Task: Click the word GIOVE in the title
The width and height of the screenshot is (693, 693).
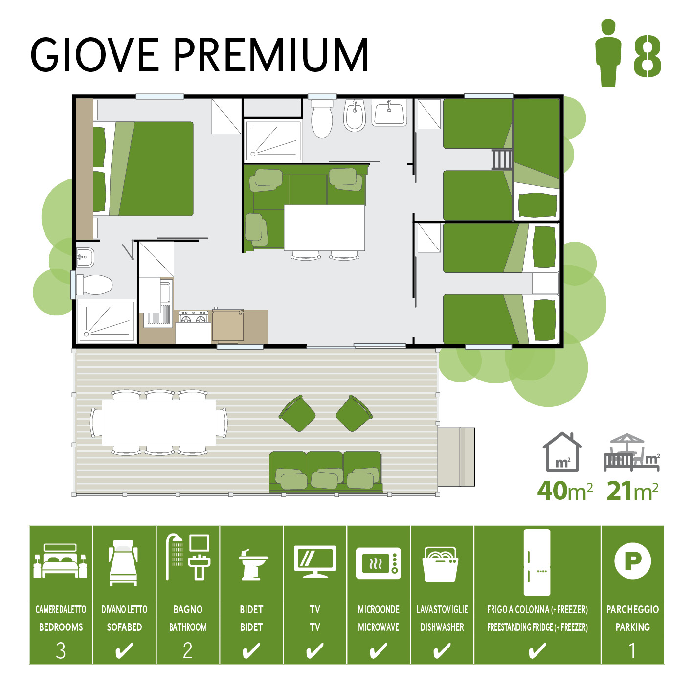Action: (x=94, y=55)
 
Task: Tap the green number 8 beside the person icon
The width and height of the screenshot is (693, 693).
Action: (x=647, y=56)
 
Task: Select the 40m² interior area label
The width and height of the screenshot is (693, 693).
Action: (x=564, y=491)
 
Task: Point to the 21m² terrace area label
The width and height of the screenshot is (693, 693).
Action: (x=632, y=491)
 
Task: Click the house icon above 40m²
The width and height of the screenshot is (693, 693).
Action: (x=562, y=452)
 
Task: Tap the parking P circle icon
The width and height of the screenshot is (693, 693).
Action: (x=632, y=561)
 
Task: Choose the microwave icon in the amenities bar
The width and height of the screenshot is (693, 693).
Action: (x=379, y=563)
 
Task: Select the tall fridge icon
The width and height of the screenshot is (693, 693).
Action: (x=537, y=562)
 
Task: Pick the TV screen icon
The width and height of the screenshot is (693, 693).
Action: (x=315, y=561)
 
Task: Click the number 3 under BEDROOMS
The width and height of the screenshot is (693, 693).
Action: (x=61, y=650)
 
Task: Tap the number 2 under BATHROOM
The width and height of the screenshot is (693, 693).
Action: (x=188, y=650)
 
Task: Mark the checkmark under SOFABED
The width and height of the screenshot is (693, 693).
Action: (x=124, y=650)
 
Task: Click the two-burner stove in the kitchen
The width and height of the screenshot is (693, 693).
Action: (x=194, y=317)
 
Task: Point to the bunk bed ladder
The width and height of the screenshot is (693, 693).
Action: (x=502, y=159)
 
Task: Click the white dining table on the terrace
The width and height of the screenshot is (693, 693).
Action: (x=159, y=422)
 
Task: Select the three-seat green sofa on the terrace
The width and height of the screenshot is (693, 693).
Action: (x=325, y=472)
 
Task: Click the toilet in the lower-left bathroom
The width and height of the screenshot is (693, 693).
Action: (x=94, y=285)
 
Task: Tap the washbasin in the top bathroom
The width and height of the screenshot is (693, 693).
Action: (x=389, y=112)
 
